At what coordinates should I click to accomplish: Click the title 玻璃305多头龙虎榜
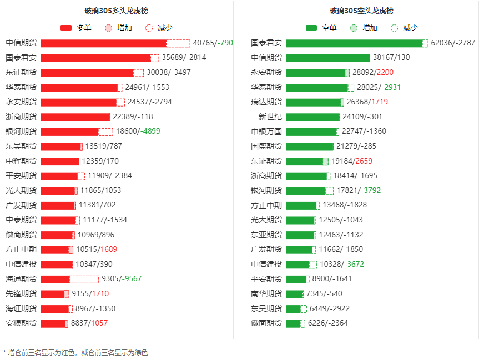(x=116, y=11)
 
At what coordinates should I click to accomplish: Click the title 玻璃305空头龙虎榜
(x=361, y=11)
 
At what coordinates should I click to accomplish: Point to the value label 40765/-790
(x=213, y=43)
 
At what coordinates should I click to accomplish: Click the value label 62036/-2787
(x=453, y=43)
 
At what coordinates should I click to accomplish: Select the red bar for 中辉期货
(x=60, y=161)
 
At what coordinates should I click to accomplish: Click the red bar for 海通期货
(x=56, y=279)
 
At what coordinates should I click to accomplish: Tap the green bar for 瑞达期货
(x=314, y=102)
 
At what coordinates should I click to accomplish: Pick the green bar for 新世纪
(x=313, y=117)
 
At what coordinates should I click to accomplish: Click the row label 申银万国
(x=266, y=131)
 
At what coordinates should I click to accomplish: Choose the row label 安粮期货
(x=21, y=323)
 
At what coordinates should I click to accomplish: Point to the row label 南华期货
(x=266, y=294)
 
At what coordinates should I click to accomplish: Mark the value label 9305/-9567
(x=122, y=279)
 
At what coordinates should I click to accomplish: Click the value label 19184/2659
(x=352, y=161)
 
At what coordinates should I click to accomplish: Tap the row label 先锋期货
(x=21, y=294)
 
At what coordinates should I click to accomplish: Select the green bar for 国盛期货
(x=310, y=146)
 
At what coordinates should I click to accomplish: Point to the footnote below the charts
(x=75, y=352)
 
